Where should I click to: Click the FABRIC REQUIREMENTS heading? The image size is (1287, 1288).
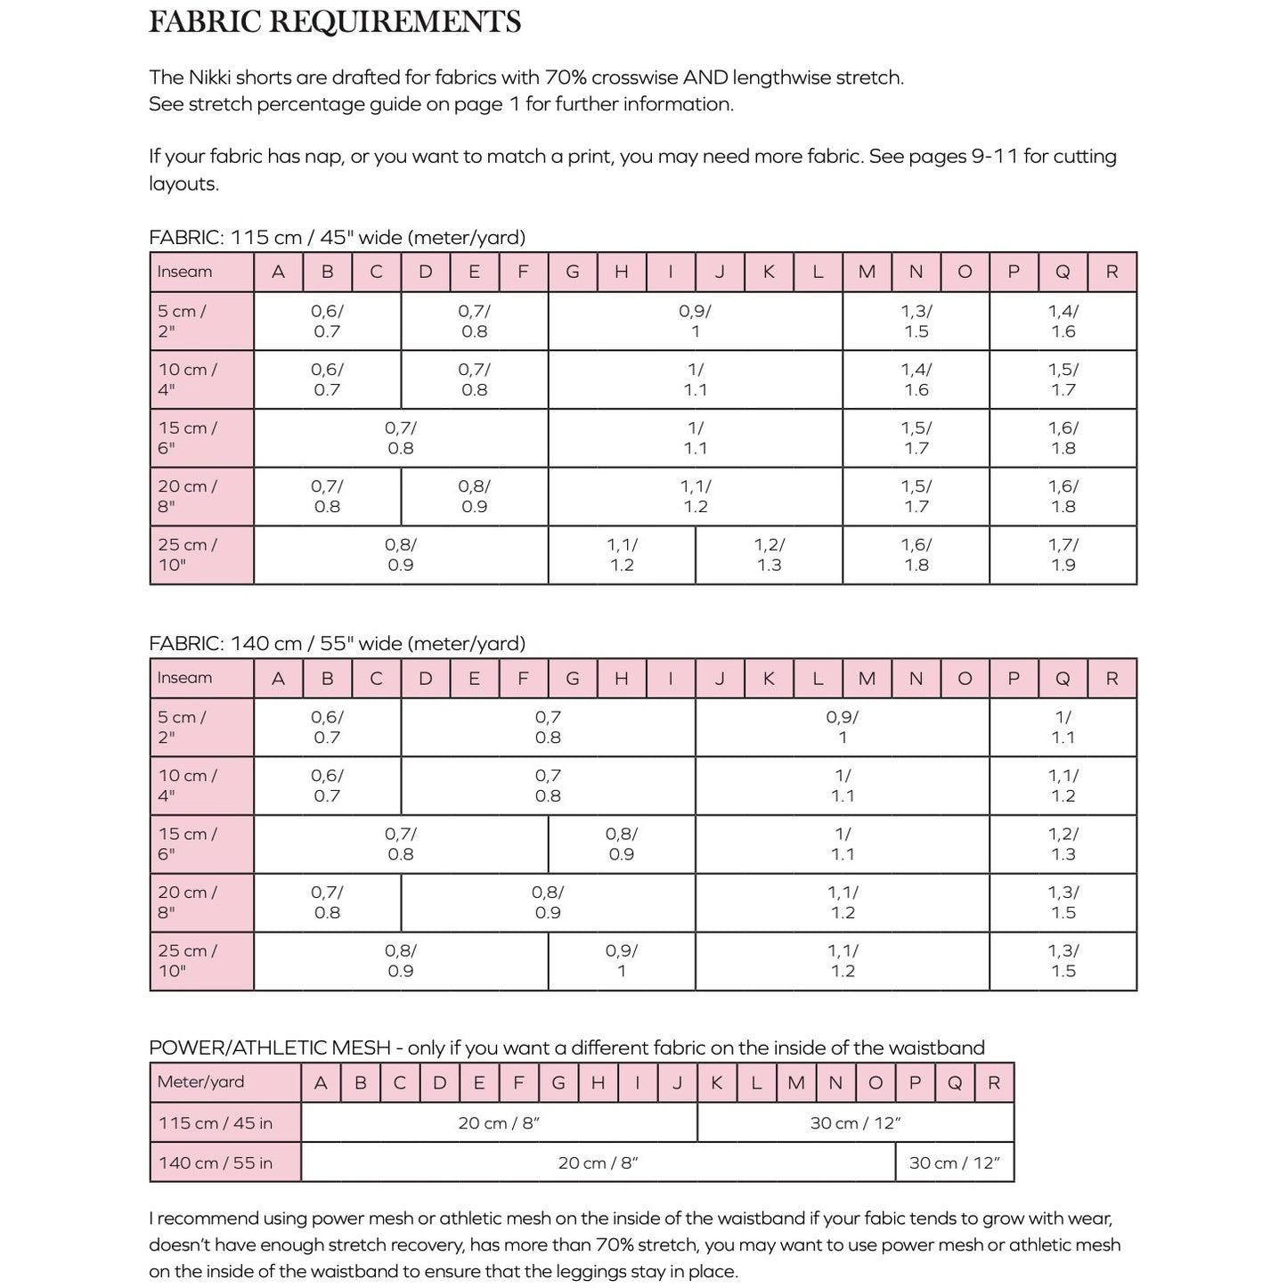[x=334, y=22]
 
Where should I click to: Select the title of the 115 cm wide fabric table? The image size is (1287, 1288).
[x=337, y=238]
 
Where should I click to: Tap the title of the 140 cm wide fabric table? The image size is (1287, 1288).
[x=337, y=643]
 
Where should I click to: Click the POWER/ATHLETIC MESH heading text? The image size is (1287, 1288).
[x=276, y=1048]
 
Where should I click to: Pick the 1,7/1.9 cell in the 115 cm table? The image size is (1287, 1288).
[x=1063, y=555]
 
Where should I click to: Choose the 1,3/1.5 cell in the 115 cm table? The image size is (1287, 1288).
[x=916, y=322]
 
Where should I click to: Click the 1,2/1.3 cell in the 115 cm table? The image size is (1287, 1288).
[x=769, y=555]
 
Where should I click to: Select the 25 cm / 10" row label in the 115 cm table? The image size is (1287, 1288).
[x=188, y=555]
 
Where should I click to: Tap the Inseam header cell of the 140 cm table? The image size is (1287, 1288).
[x=185, y=678]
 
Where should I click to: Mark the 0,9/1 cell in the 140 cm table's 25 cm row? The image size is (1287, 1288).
[x=621, y=961]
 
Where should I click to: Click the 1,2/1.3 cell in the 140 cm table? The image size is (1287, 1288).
[x=1063, y=844]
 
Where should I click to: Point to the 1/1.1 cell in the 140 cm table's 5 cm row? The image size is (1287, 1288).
[x=1063, y=728]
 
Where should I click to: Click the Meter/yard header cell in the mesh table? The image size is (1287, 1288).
[x=200, y=1082]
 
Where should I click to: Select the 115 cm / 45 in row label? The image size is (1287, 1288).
[x=215, y=1123]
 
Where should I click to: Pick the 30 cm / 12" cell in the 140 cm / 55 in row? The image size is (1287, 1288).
[x=954, y=1162]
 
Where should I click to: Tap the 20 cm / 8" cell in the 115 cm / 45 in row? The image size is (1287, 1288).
[x=499, y=1123]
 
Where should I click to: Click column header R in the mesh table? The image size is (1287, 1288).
[x=994, y=1083]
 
